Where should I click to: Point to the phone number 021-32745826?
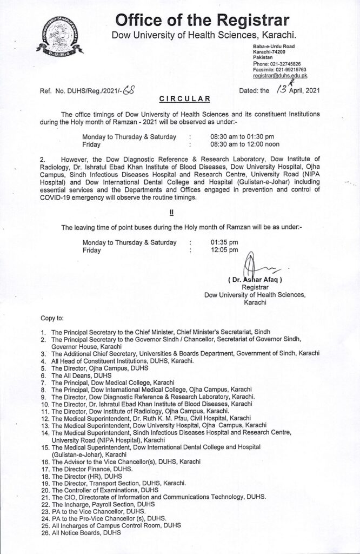coord(287,63)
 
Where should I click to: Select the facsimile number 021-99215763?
coord(290,70)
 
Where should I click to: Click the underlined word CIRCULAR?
coord(179,100)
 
